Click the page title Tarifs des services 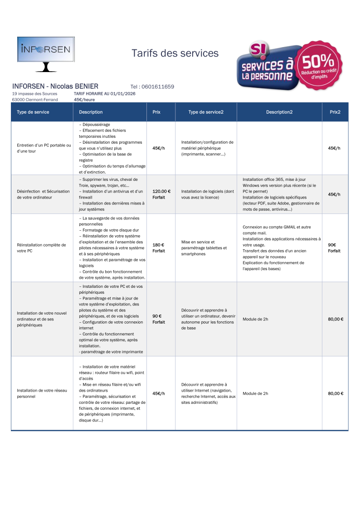[175, 53]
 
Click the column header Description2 [279, 112]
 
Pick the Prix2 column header [335, 112]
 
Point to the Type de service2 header [206, 112]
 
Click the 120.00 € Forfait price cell [161, 194]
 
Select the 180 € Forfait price [158, 248]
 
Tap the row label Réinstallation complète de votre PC [41, 247]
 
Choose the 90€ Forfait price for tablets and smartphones [334, 248]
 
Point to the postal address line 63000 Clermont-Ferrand [35, 100]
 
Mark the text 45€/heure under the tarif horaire [84, 100]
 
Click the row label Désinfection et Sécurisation [43, 194]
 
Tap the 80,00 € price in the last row [336, 393]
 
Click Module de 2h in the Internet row [255, 393]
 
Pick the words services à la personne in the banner [267, 71]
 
